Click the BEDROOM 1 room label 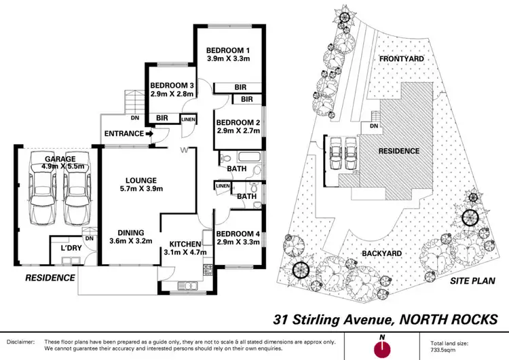tap(229, 50)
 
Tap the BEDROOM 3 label tap(172, 86)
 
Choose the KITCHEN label tap(185, 244)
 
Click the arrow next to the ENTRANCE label tap(149, 134)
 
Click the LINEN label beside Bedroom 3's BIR tap(189, 120)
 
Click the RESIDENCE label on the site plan tap(398, 151)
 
